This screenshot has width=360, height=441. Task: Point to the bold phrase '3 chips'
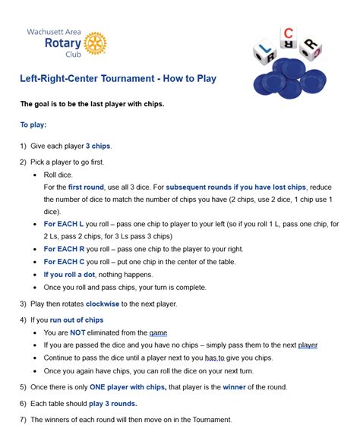pos(99,146)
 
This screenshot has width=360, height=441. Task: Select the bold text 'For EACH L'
pos(64,224)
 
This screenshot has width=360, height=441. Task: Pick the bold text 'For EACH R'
pos(65,248)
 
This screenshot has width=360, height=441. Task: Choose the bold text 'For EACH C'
pos(65,261)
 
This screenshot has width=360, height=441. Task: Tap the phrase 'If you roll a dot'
pos(72,274)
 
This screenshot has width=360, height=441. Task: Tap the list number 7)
pos(23,420)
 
